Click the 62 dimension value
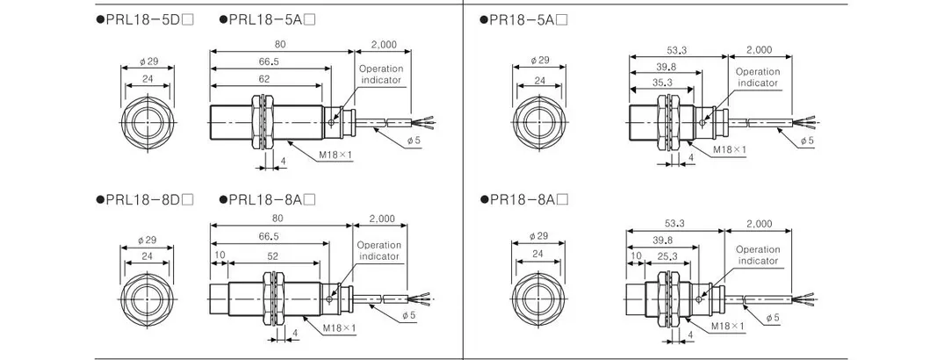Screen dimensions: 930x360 pos(264,79)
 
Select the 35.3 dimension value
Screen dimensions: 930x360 pos(662,83)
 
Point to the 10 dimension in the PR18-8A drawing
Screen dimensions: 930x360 pos(636,256)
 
